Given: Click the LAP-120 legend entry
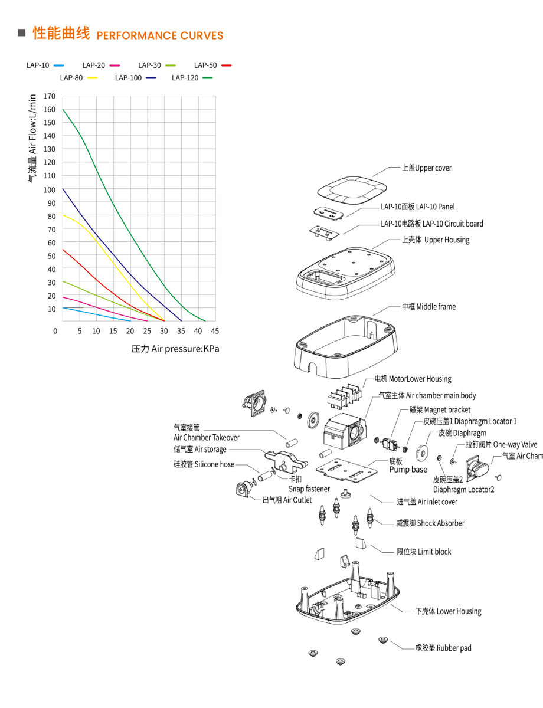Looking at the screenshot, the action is [x=192, y=78].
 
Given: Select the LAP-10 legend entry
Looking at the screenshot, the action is [x=45, y=65].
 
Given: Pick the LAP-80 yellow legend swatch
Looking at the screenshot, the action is [x=92, y=78].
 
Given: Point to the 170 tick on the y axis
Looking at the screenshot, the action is [x=50, y=96].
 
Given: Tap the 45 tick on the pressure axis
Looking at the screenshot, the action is [x=215, y=331].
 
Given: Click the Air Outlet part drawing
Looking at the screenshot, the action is [x=244, y=489].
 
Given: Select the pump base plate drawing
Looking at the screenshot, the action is [x=346, y=469].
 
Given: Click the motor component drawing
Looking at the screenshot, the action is [x=345, y=395].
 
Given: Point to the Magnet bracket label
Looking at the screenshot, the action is [x=440, y=409].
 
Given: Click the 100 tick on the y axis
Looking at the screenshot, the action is [x=50, y=189].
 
